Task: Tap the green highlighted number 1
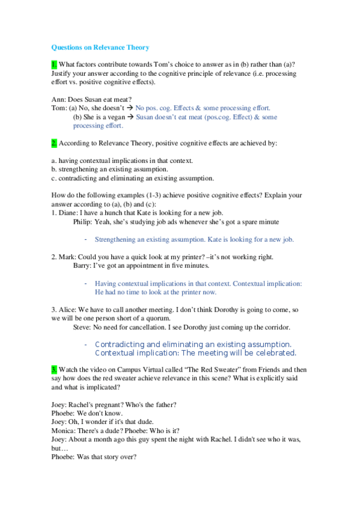(54, 64)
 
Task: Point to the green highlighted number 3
(54, 367)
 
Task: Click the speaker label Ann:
(59, 99)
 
